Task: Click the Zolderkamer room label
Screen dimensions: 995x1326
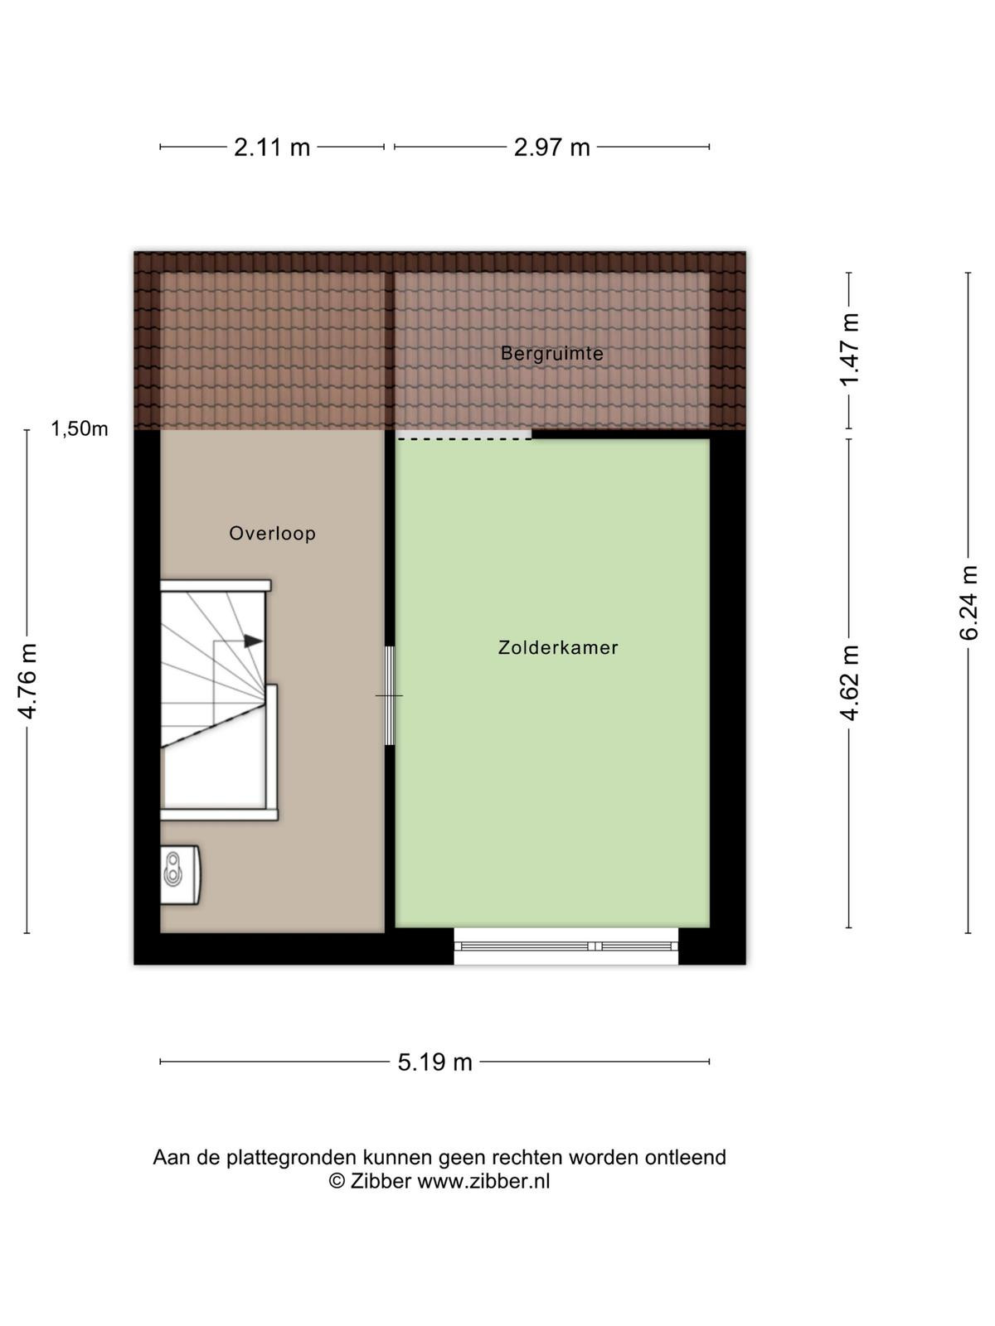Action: coord(557,647)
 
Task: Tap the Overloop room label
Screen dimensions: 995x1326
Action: coord(273,534)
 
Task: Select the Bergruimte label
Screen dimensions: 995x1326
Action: coord(552,353)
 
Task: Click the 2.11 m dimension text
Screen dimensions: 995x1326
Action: coord(272,148)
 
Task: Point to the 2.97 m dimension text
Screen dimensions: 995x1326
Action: coord(551,148)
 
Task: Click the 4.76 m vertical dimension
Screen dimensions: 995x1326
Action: coord(28,681)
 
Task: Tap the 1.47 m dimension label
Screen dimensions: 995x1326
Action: coord(849,349)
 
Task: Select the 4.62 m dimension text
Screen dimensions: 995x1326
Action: coord(849,683)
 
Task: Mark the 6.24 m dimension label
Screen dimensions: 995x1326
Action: coord(968,603)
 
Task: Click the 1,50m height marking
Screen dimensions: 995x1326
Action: coord(79,429)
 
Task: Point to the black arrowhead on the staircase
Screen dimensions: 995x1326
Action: coord(253,641)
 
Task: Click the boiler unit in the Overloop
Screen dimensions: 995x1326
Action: coord(180,874)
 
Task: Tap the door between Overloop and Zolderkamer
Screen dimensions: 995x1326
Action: coord(390,696)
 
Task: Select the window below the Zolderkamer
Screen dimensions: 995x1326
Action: coord(566,946)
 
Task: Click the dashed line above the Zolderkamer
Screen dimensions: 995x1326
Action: coord(464,439)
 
